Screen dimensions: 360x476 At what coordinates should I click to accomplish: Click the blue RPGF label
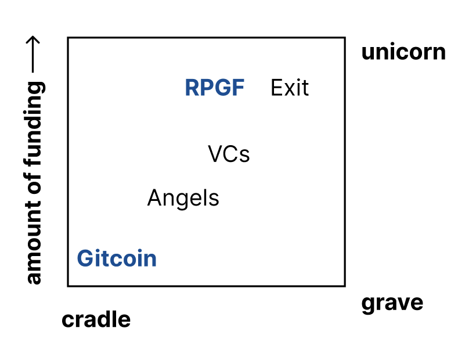point(214,88)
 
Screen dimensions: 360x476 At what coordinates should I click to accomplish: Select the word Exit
point(290,88)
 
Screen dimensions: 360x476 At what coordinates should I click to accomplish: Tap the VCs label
point(229,154)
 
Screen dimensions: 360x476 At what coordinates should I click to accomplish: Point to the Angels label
point(183,199)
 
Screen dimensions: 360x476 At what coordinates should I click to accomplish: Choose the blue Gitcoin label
point(117,258)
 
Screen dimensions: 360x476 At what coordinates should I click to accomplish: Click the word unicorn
point(403,52)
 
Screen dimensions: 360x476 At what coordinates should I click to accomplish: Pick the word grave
point(392,303)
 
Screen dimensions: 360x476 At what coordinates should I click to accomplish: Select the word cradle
point(96,319)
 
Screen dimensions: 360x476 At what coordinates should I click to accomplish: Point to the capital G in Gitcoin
point(85,258)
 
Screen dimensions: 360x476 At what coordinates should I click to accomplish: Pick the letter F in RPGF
point(238,88)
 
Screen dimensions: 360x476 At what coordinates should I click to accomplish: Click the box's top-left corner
point(68,38)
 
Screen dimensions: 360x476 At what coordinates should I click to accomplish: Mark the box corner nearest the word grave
point(345,285)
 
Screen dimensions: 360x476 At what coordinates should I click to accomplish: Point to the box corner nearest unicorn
point(345,38)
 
